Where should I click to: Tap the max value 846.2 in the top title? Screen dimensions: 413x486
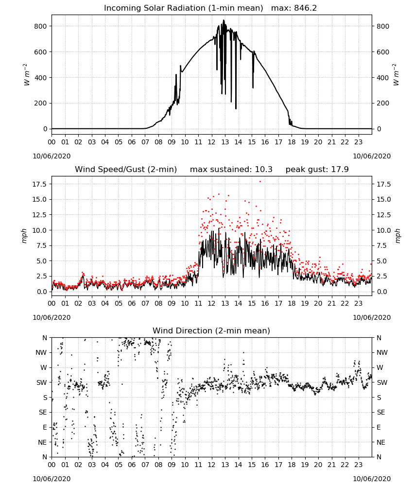[x=305, y=8]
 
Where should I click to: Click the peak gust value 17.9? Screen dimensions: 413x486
[x=339, y=170]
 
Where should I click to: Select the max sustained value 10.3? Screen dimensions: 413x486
[x=264, y=170]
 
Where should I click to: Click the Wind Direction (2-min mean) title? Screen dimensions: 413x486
[x=211, y=330]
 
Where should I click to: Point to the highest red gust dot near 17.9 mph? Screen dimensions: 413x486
[x=260, y=182]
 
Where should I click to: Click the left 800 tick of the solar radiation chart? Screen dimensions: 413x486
[x=41, y=26]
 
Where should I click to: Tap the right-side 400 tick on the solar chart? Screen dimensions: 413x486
[x=383, y=77]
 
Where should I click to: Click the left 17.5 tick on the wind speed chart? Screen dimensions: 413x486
[x=39, y=184]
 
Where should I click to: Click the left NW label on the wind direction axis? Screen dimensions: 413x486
[x=41, y=353]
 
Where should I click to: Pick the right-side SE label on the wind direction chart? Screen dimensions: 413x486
[x=381, y=412]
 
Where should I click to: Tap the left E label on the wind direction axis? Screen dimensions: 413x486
[x=45, y=427]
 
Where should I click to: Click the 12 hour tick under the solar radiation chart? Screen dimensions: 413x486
[x=212, y=142]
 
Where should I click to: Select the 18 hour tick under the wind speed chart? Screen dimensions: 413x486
[x=292, y=303]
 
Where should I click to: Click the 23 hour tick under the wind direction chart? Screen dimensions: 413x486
[x=358, y=465]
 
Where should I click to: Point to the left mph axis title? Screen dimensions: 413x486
[x=24, y=236]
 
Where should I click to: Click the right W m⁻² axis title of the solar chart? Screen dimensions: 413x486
[x=396, y=75]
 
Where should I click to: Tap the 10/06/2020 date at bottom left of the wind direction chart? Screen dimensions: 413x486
[x=52, y=479]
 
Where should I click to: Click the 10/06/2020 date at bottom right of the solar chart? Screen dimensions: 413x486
[x=372, y=156]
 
